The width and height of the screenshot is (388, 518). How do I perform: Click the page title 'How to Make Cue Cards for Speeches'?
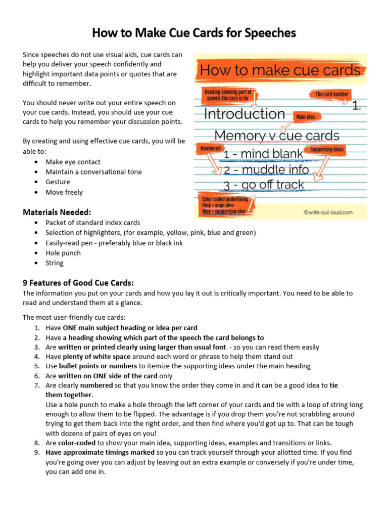click(x=194, y=33)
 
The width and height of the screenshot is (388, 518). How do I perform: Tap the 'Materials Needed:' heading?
click(x=57, y=212)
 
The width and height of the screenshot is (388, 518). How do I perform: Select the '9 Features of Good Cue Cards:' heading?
click(x=78, y=283)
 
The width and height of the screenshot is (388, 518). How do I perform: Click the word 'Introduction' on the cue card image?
click(x=245, y=114)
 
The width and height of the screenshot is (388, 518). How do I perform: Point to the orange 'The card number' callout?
click(x=332, y=94)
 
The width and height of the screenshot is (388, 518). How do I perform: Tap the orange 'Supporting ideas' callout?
click(x=327, y=150)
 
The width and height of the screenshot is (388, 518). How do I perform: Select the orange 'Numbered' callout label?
click(x=211, y=148)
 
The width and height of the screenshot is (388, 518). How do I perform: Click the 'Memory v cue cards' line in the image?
click(x=277, y=136)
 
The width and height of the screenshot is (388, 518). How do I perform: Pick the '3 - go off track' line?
click(x=264, y=185)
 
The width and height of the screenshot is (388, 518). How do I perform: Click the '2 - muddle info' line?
click(x=266, y=169)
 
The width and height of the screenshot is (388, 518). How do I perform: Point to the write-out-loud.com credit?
click(x=328, y=212)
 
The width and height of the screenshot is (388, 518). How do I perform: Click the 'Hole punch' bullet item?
click(x=64, y=253)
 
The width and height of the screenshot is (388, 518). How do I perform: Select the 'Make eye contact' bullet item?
click(x=73, y=162)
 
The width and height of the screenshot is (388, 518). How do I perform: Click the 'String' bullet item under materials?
click(x=55, y=263)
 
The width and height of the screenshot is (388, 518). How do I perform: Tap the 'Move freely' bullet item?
click(x=64, y=192)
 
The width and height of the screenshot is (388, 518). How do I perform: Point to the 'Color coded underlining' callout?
click(x=225, y=205)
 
